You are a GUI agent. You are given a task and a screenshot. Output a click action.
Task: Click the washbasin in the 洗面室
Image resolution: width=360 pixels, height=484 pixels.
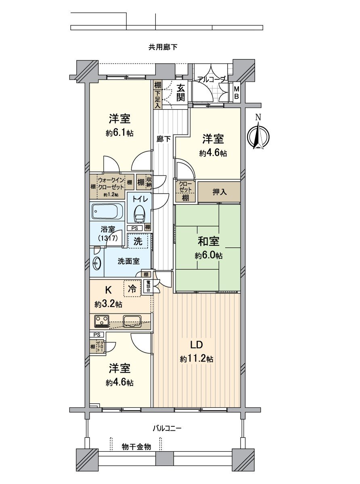(x=97, y=263)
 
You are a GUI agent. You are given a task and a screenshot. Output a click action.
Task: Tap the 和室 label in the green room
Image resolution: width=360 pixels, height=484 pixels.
(x=208, y=241)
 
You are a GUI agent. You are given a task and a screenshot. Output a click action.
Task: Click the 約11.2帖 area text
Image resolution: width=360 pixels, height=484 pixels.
(x=197, y=359)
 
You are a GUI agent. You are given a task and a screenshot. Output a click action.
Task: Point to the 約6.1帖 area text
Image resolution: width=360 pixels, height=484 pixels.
(x=119, y=133)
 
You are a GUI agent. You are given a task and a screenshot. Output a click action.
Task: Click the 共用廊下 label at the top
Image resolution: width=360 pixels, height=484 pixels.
(x=163, y=47)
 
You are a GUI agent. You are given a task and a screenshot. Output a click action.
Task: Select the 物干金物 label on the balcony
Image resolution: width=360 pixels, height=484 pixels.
(x=136, y=447)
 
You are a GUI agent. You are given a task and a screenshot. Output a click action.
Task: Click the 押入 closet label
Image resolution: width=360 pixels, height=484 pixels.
(x=220, y=192)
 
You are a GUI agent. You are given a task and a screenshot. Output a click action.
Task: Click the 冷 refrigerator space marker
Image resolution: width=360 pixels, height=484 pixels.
(x=132, y=289)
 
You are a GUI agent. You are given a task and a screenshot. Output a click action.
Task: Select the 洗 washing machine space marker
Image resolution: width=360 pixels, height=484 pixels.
(x=138, y=242)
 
